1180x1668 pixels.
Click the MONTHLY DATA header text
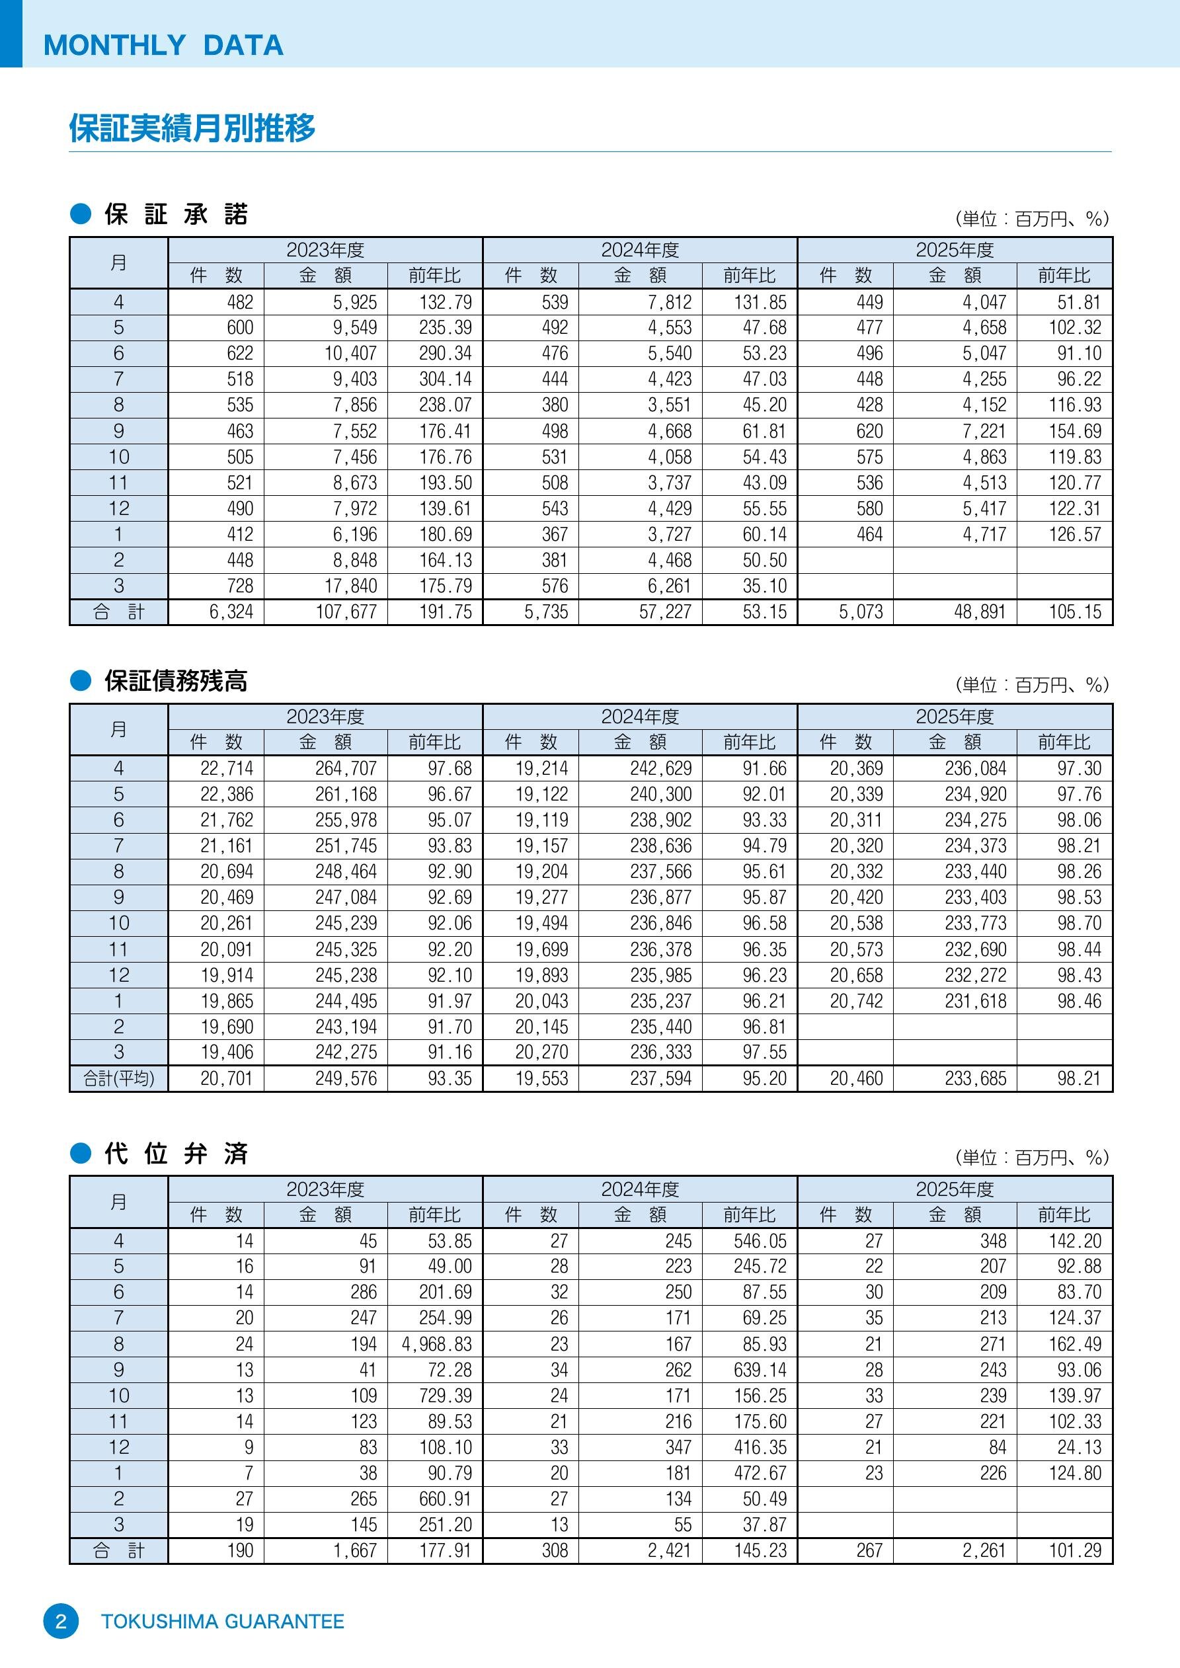point(163,45)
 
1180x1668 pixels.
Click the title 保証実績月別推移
point(192,128)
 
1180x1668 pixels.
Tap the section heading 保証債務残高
point(176,681)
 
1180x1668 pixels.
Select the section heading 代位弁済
point(176,1154)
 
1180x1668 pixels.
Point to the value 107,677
point(346,612)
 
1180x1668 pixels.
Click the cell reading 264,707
point(346,769)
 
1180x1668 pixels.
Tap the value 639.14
point(760,1370)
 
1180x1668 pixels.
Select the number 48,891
point(980,612)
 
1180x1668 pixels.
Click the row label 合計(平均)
point(119,1079)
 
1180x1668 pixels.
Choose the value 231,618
point(976,1001)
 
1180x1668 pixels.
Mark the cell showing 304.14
point(446,379)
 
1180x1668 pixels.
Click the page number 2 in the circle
point(61,1621)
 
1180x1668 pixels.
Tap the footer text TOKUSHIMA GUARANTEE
point(222,1622)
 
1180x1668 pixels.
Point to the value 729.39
point(446,1396)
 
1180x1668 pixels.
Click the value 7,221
point(984,432)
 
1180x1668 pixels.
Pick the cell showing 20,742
point(857,1001)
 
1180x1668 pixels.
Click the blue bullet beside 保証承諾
point(81,214)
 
